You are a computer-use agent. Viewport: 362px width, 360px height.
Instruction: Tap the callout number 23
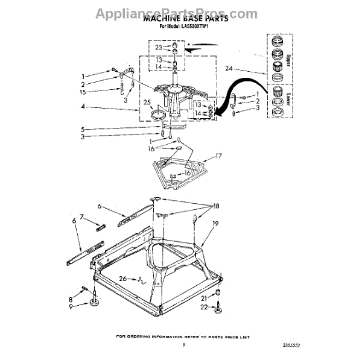pos(159,47)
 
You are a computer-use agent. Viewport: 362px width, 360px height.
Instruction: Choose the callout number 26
pos(122,278)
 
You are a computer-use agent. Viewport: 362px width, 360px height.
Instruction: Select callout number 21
pos(203,298)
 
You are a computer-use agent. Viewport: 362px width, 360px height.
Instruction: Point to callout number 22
pos(203,308)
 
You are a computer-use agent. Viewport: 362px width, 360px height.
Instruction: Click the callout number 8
pos(71,298)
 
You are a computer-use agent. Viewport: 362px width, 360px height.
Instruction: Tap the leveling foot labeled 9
pos(95,303)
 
